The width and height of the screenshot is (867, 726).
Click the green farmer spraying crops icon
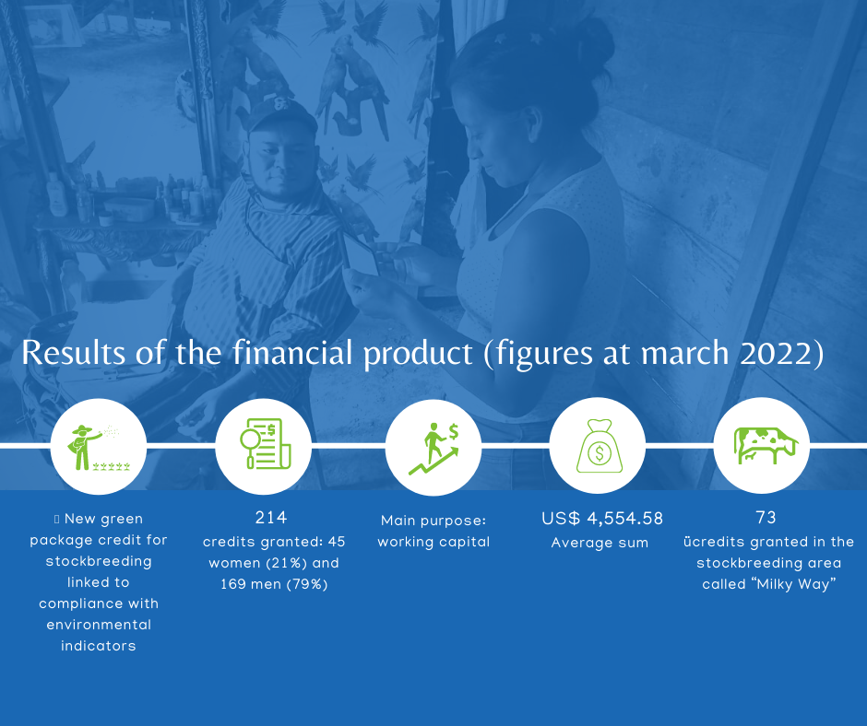click(99, 447)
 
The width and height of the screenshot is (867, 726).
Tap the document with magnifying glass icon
click(266, 444)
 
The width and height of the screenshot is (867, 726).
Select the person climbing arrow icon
click(434, 449)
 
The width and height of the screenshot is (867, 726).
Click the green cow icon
click(766, 445)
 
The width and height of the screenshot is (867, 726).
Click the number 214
click(271, 518)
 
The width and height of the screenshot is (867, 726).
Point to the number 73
click(766, 518)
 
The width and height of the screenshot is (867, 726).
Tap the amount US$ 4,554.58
click(602, 519)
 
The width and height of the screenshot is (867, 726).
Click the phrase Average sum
click(600, 543)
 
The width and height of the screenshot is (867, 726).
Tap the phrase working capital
click(434, 542)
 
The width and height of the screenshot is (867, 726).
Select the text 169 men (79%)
click(274, 584)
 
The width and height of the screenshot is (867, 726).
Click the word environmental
click(99, 625)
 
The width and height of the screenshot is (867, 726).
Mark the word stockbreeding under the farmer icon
click(99, 562)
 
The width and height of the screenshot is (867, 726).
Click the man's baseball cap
click(281, 115)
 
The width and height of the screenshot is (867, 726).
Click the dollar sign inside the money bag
click(599, 453)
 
